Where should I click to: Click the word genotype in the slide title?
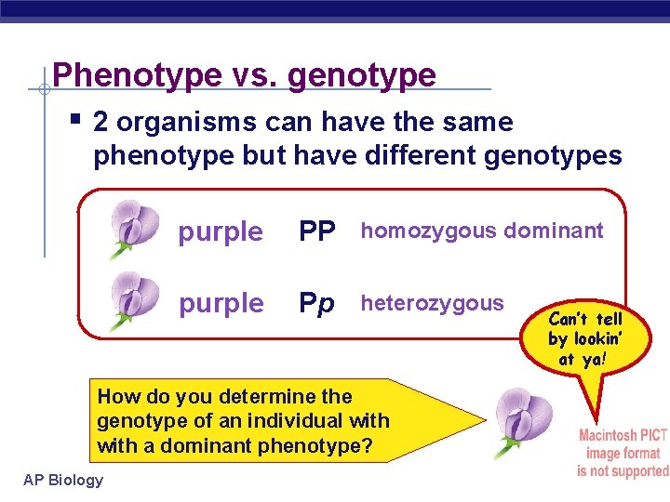(362, 75)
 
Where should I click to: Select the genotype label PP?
(316, 231)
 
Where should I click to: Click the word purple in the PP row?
(221, 232)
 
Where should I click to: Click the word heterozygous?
(432, 302)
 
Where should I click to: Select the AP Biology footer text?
(62, 480)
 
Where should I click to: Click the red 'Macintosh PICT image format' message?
(623, 453)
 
